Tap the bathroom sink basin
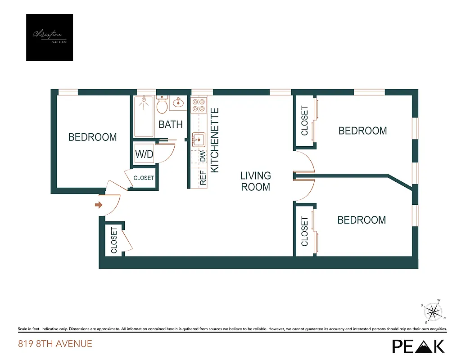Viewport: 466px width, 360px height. tap(178, 103)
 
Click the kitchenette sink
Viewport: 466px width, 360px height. tap(198, 140)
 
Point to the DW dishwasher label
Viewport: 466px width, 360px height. tap(203, 157)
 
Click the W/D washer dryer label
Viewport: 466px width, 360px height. tap(145, 154)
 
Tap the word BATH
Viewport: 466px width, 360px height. tap(171, 125)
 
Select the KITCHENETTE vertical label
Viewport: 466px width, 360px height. tap(215, 140)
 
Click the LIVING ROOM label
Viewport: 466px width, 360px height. tap(256, 181)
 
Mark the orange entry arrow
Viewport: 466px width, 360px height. tap(99, 205)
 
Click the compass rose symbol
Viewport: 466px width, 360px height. tap(434, 311)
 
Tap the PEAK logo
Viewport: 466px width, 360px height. tap(418, 346)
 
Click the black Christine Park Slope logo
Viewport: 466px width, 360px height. tap(50, 37)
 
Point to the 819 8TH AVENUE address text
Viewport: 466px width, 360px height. tap(55, 344)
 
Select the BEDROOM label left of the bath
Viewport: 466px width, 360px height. tap(93, 137)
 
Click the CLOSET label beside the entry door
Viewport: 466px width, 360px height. tap(114, 240)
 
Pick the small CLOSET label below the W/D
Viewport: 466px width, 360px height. tap(144, 178)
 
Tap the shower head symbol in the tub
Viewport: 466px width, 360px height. tap(144, 104)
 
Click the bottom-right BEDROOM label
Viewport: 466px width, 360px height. tap(362, 220)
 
